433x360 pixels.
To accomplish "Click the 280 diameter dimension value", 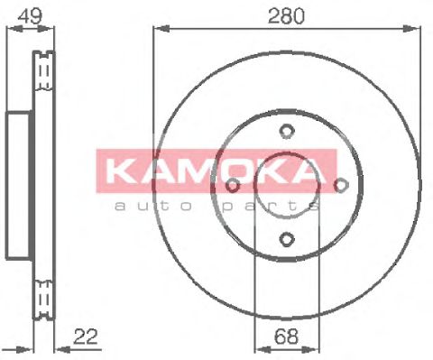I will (x=286, y=14).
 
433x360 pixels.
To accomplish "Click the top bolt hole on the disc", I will (x=286, y=131).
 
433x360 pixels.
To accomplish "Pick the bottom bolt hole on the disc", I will (x=286, y=239).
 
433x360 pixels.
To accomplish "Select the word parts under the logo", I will (x=271, y=206).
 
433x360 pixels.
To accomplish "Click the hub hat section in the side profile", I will (x=17, y=185).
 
